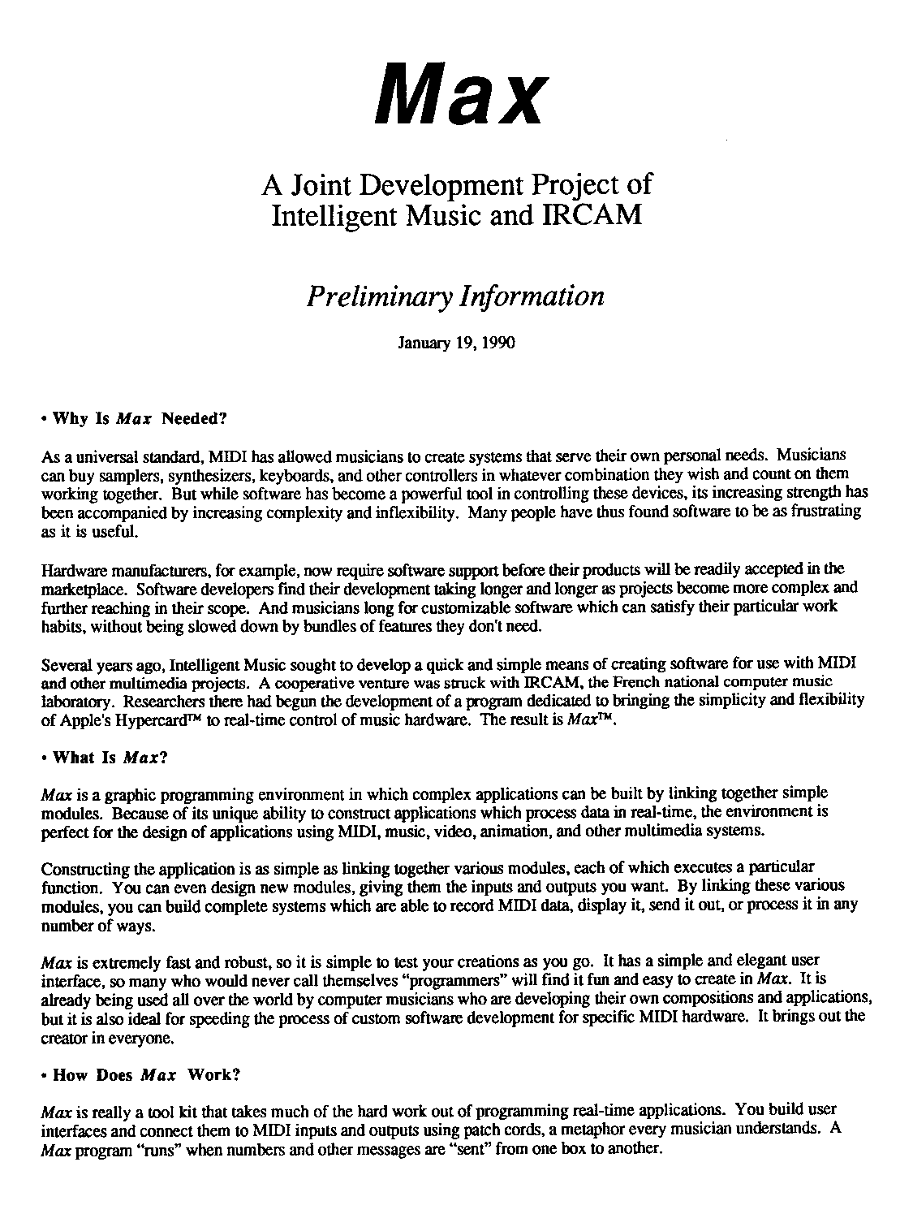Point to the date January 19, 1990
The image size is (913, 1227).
(x=456, y=343)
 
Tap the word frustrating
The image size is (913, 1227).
(x=825, y=512)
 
